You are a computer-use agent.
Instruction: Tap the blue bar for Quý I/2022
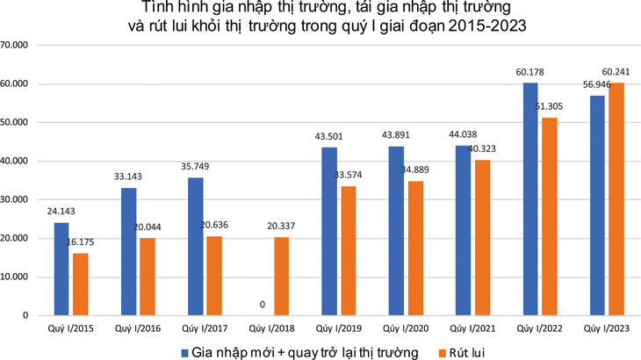(x=530, y=198)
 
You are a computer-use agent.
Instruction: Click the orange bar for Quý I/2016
(x=148, y=277)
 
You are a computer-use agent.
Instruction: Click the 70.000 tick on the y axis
(x=17, y=46)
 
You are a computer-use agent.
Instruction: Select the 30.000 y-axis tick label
(x=17, y=200)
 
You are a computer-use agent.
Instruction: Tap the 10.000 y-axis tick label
(x=17, y=277)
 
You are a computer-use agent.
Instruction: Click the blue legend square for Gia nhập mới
(x=186, y=351)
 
